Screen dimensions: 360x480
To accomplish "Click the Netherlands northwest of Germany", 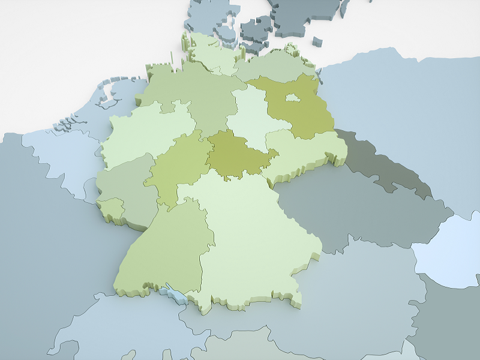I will pos(111,102).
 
